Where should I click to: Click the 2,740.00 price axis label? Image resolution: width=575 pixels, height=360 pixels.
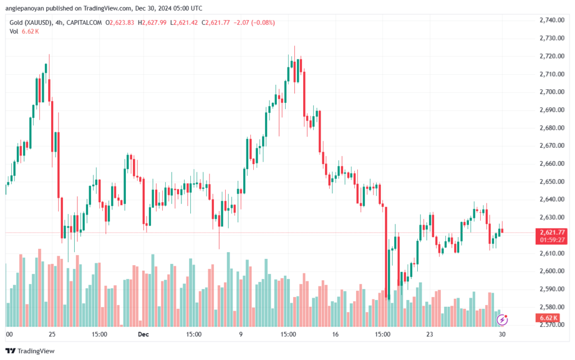tap(552, 20)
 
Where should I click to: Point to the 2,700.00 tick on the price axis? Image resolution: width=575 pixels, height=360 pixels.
tap(552, 92)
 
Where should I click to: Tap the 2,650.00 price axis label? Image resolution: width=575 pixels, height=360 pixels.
tap(552, 181)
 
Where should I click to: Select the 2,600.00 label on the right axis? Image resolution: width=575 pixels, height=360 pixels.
tap(552, 271)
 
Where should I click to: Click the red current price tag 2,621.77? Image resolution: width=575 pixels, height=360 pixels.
tap(552, 233)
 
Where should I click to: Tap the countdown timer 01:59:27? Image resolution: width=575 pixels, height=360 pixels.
tap(552, 240)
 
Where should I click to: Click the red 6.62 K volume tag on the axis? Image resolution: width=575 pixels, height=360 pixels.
tap(548, 318)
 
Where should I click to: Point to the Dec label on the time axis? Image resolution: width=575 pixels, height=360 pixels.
tap(143, 334)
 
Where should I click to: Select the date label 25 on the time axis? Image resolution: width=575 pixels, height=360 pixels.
tap(52, 334)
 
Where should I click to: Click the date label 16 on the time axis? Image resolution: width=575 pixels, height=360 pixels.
tap(335, 334)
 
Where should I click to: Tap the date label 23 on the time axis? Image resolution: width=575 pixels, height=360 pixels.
tap(430, 334)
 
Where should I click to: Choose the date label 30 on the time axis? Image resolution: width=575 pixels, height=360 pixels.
tap(502, 334)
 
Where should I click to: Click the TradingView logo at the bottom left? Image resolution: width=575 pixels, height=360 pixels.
tap(30, 351)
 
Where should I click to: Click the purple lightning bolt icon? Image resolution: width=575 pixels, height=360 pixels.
tap(502, 320)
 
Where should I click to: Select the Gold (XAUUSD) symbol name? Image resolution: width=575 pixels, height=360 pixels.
tap(30, 22)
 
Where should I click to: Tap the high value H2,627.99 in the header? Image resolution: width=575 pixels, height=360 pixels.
tap(152, 22)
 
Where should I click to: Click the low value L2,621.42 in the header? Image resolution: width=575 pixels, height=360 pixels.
tap(184, 22)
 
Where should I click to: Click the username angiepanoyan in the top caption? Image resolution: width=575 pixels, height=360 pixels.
tap(25, 8)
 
